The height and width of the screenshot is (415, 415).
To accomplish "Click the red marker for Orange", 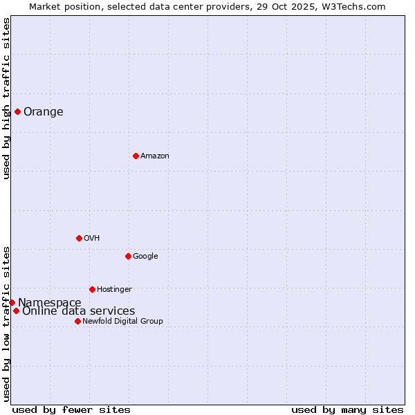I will (x=17, y=111).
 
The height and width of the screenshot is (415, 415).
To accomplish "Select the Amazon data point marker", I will (x=136, y=156).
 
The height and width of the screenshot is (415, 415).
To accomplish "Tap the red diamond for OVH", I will (x=79, y=238).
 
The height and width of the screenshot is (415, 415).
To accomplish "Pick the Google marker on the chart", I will (x=128, y=256).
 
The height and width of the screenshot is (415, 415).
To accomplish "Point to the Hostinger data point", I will (x=92, y=289).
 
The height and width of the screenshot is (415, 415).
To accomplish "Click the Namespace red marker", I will (x=12, y=302).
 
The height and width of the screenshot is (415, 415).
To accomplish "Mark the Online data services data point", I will (x=16, y=311).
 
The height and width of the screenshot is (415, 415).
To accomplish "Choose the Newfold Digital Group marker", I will (x=77, y=321).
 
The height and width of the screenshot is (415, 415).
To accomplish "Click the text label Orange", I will (x=44, y=112).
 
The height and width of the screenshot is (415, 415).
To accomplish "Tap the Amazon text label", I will (x=155, y=156).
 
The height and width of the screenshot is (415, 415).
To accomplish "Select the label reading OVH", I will (x=92, y=239).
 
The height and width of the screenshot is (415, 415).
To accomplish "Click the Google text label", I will (x=145, y=257).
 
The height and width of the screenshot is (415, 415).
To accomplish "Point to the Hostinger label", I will (x=114, y=290).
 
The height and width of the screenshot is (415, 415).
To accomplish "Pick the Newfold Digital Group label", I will (x=122, y=322).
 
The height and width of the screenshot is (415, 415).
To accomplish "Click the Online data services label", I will (x=79, y=311).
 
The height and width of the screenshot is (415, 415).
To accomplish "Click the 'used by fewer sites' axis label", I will (x=71, y=409).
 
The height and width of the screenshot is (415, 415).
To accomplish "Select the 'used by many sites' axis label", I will (x=347, y=409).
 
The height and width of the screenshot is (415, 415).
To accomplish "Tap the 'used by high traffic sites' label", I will (x=6, y=98).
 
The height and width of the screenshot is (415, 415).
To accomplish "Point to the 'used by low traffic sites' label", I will (x=6, y=323).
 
